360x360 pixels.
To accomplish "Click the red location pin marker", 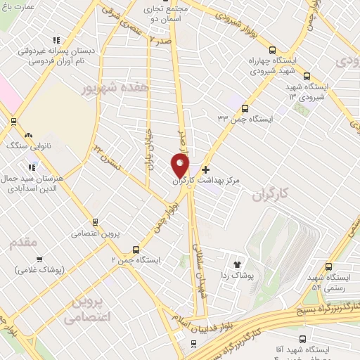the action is [x=180, y=165].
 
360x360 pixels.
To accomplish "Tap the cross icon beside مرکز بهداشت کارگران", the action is [x=205, y=169].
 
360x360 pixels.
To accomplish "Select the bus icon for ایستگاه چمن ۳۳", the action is [x=245, y=108].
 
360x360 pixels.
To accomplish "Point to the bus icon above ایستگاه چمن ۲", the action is [x=136, y=249].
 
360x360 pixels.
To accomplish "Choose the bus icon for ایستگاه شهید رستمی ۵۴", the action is [x=329, y=267].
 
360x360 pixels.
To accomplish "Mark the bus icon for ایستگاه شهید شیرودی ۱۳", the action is [x=307, y=76].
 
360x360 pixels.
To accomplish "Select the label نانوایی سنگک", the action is [x=25, y=146].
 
